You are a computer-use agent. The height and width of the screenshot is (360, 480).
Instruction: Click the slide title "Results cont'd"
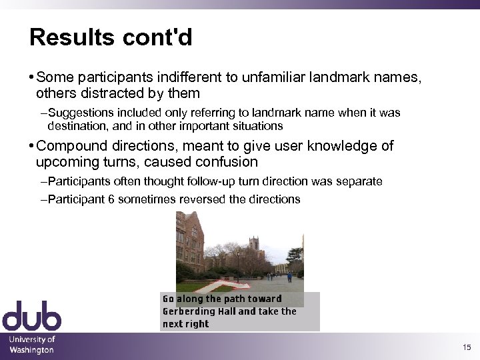click(111, 37)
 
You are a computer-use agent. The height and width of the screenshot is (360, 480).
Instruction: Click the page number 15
click(466, 347)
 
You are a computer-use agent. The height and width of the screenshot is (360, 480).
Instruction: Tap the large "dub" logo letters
click(31, 316)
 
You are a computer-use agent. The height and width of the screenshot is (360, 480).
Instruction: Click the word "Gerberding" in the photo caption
click(189, 311)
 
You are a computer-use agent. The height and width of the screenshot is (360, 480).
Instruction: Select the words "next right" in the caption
click(185, 324)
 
